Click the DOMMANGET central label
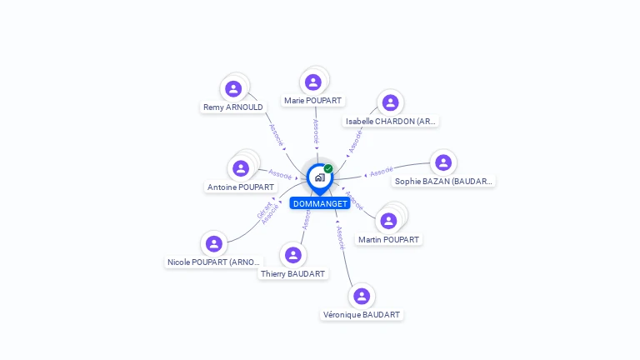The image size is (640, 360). click(320, 203)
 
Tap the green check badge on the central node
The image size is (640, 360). click(328, 169)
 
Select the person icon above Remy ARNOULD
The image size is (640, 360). click(233, 89)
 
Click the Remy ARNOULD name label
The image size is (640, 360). click(233, 107)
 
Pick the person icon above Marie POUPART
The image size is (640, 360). click(313, 82)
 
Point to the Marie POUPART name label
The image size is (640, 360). click(313, 101)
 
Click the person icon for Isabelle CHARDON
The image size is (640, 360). click(390, 102)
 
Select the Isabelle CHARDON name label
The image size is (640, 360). click(391, 122)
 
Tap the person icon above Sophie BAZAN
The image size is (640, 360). click(443, 162)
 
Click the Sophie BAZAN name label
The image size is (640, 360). click(444, 181)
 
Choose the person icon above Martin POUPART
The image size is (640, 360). click(388, 221)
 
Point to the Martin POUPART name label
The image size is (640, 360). click(388, 240)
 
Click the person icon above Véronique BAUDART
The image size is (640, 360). click(361, 297)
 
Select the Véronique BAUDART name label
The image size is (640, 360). click(362, 315)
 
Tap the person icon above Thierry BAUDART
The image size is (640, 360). click(292, 255)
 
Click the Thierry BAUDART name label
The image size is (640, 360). click(293, 274)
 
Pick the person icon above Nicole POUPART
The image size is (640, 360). click(214, 244)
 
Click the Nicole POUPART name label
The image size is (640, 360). click(214, 262)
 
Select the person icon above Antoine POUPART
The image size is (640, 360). click(241, 169)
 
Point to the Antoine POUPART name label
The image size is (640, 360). click(241, 187)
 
